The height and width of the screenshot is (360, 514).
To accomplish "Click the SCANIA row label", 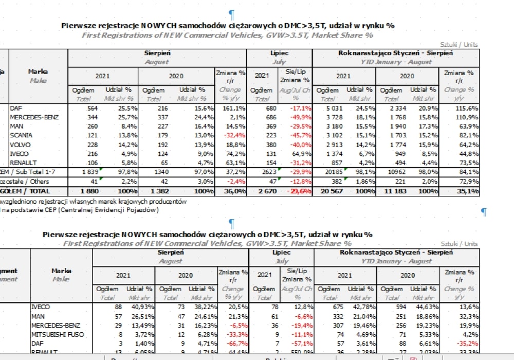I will click(21, 135).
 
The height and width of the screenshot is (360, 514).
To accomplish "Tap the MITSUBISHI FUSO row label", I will click(57, 334).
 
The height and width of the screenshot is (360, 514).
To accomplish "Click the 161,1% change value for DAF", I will click(232, 108).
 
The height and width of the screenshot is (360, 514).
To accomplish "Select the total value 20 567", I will click(329, 191).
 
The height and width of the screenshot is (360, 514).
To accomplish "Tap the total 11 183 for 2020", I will click(392, 191).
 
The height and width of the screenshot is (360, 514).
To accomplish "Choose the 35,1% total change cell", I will click(467, 191).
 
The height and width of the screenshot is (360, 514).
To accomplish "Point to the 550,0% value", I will click(301, 352).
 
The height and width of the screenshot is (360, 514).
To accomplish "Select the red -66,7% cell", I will click(233, 344).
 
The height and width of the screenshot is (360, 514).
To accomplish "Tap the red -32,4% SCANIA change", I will click(231, 136).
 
